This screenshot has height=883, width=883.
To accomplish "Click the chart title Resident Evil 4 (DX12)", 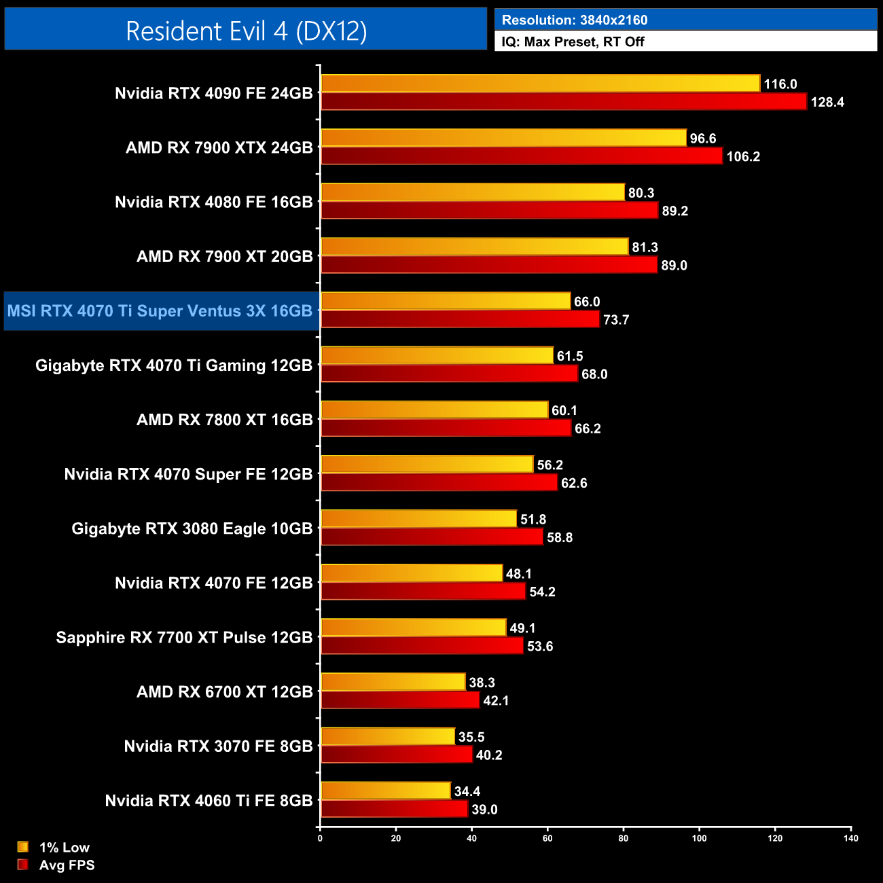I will tap(246, 31).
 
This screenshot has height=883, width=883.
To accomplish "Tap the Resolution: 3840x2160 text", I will tap(574, 20).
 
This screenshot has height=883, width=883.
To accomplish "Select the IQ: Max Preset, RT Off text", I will tap(573, 41).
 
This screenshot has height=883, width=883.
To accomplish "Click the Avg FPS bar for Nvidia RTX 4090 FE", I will tap(564, 102).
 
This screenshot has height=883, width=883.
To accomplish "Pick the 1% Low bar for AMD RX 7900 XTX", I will tap(503, 138).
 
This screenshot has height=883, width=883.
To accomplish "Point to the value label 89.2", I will tap(675, 211).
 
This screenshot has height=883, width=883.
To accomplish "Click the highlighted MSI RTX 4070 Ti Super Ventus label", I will tap(160, 311).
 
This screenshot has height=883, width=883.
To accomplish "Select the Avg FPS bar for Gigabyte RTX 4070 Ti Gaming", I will tap(449, 374).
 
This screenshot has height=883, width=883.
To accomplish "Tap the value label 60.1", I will tap(564, 410).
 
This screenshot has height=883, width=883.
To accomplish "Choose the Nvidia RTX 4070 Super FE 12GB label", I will tap(188, 474).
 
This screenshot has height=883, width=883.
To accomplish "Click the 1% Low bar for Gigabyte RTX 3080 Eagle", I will tap(418, 519).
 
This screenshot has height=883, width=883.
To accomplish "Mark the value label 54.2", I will tap(543, 592).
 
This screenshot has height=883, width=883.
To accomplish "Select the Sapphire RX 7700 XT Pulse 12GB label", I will tap(184, 637).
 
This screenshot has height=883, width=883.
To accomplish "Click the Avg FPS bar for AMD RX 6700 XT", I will tap(400, 700).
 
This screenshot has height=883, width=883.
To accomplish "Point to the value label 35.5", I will tap(471, 737).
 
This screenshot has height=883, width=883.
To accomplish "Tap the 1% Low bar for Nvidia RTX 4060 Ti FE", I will tap(385, 791).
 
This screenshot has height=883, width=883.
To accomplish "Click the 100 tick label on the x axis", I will tap(699, 838).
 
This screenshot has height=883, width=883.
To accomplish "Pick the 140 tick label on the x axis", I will tap(851, 838).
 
